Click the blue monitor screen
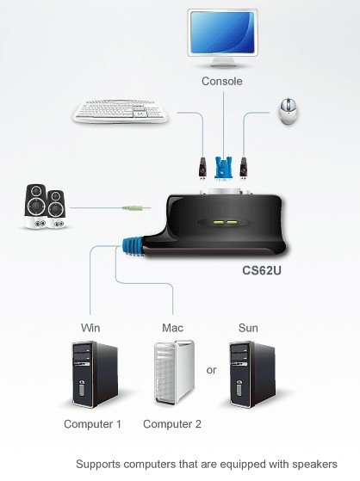coord(222,32)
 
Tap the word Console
coord(222,81)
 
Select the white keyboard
coord(121,111)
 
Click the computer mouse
coord(289,111)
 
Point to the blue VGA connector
coord(223,168)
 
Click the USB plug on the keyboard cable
coord(202,168)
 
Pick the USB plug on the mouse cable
coord(244,168)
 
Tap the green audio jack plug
coord(133,208)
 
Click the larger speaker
coord(36,207)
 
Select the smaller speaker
coord(56,209)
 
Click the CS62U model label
coord(262,270)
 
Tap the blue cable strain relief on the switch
coord(133,247)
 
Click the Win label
coord(90,328)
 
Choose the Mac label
coord(172,328)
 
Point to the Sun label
coord(248,328)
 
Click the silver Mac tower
coord(175,372)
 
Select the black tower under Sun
coord(252,374)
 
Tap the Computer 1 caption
coord(92,424)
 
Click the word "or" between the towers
coord(211,370)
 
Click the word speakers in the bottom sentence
coord(314,465)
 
